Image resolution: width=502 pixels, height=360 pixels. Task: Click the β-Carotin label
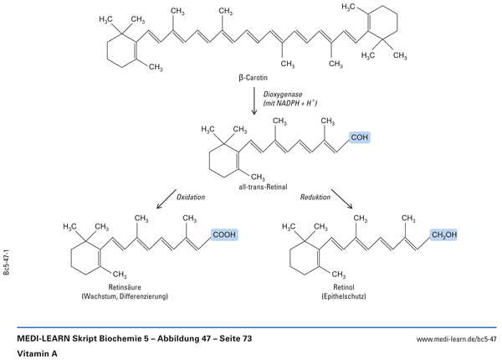click(254, 77)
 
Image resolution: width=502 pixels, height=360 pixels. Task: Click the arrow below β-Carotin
click(255, 100)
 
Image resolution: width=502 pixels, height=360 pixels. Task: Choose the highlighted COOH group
click(224, 236)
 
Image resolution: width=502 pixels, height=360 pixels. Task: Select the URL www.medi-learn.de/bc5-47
click(456, 338)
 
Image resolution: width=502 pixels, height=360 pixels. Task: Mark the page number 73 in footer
click(245, 338)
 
